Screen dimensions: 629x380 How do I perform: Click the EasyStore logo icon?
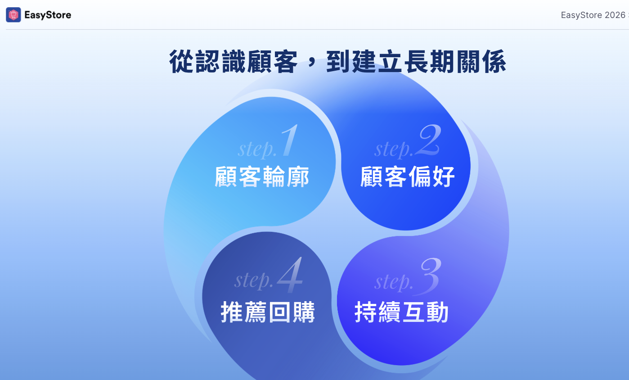(13, 14)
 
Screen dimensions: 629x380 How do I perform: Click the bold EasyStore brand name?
(48, 15)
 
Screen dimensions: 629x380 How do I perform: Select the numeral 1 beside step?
(290, 140)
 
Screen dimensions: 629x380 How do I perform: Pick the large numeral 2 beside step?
(428, 140)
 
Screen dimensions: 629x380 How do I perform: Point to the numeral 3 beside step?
(428, 276)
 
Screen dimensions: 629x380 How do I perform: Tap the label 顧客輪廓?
(262, 176)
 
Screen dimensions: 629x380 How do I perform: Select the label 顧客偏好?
(407, 176)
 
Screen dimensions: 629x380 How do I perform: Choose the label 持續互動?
(401, 312)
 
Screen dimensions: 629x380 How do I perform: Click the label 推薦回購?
(268, 312)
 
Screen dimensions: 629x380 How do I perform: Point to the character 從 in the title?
(181, 62)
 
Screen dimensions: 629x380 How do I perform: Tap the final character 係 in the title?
(494, 62)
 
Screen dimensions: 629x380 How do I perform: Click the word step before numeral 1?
(257, 149)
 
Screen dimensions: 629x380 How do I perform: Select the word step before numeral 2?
(394, 149)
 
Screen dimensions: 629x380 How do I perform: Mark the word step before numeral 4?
(254, 280)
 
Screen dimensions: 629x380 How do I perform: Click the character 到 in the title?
(338, 62)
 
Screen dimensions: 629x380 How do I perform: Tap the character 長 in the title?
(416, 62)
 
